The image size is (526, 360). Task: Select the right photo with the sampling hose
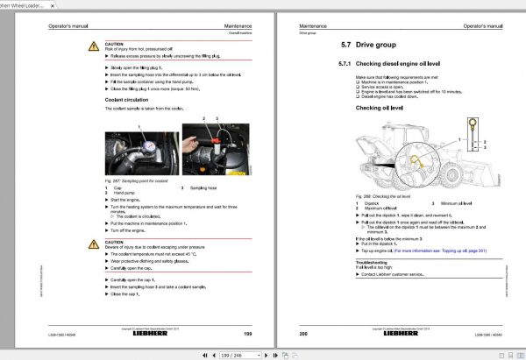click(213, 150)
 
